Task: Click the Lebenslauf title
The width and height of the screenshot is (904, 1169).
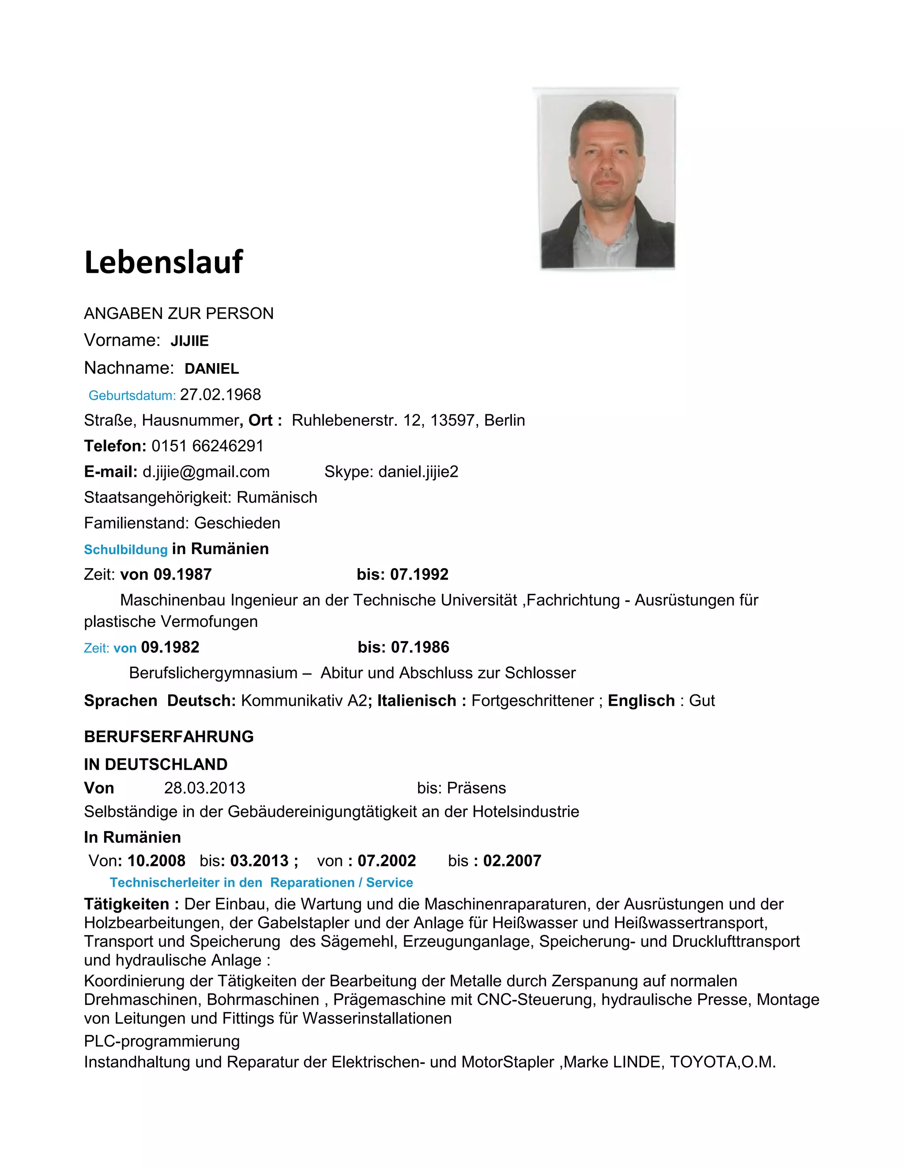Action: click(163, 262)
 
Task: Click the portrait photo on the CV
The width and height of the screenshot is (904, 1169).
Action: click(607, 182)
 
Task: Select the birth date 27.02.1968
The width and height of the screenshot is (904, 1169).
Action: click(220, 395)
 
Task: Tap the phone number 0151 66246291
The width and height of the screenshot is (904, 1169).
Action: click(207, 446)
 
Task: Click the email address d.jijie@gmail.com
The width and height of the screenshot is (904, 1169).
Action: click(206, 472)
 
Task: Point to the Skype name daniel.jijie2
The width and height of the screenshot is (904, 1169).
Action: click(418, 472)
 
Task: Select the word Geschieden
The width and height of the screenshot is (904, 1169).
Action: click(237, 523)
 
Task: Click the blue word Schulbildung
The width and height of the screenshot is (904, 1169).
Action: click(126, 550)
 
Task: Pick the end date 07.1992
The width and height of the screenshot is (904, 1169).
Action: click(419, 574)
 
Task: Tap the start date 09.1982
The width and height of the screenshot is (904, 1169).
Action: click(170, 647)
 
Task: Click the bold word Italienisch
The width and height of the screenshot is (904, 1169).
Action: click(416, 701)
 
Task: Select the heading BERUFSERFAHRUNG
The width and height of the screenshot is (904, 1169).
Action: click(169, 737)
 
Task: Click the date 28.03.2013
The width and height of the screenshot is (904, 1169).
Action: click(204, 788)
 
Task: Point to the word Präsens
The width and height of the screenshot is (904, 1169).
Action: click(476, 788)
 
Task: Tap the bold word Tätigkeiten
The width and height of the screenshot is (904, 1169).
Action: click(126, 904)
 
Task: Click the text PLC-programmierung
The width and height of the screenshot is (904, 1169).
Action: click(162, 1041)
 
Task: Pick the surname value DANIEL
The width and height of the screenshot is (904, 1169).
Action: click(211, 369)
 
